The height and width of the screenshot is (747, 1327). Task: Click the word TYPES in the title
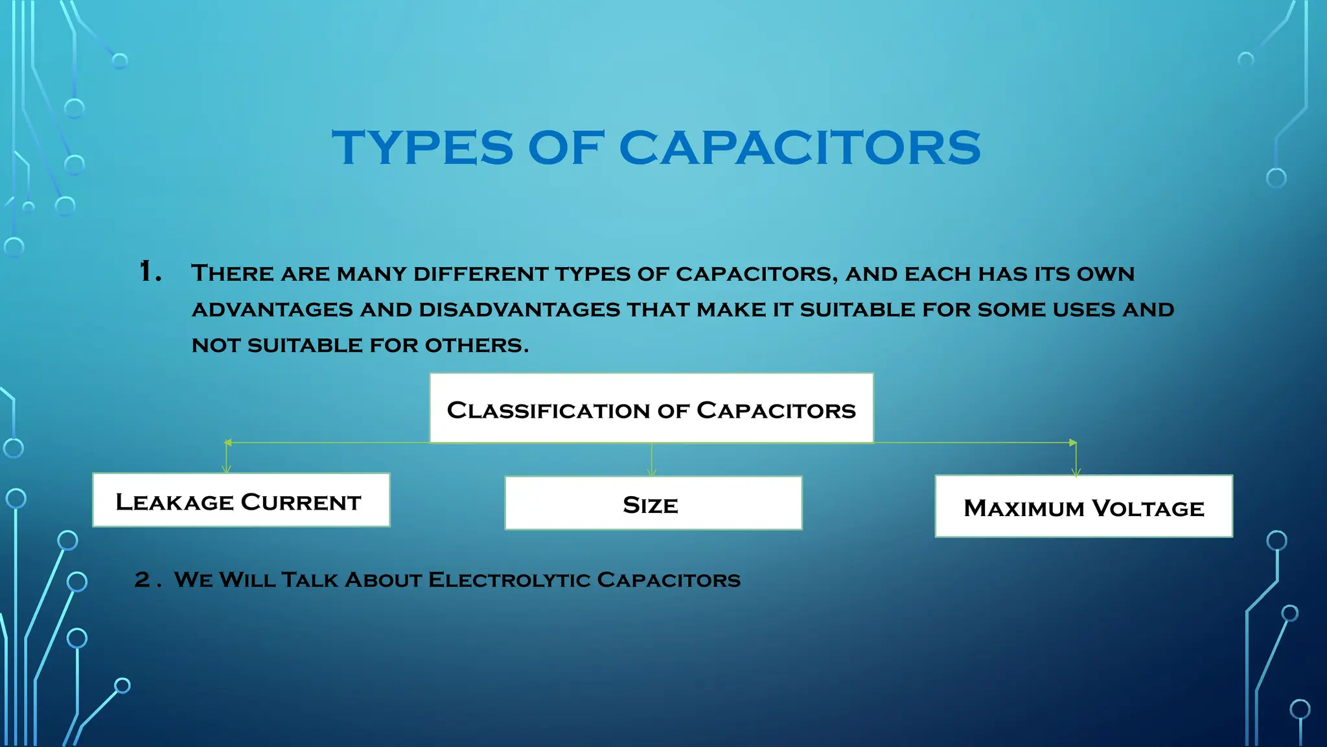click(422, 147)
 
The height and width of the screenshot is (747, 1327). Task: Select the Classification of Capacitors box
click(651, 409)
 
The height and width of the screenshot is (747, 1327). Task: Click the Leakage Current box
click(241, 500)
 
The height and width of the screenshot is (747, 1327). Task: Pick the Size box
click(653, 503)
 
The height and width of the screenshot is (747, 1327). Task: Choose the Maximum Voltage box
click(1083, 506)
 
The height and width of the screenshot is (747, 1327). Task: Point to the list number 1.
click(150, 272)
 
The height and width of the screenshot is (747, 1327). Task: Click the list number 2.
click(143, 579)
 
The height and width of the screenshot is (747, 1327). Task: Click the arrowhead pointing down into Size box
click(652, 473)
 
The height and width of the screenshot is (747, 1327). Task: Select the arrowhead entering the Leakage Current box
click(226, 469)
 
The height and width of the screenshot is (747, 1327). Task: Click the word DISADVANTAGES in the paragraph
click(520, 309)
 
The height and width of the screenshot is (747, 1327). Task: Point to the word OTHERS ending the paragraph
click(476, 345)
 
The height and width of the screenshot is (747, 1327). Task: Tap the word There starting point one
click(233, 273)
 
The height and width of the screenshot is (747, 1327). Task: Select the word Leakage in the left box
click(174, 502)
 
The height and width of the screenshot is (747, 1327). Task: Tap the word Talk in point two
click(310, 579)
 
